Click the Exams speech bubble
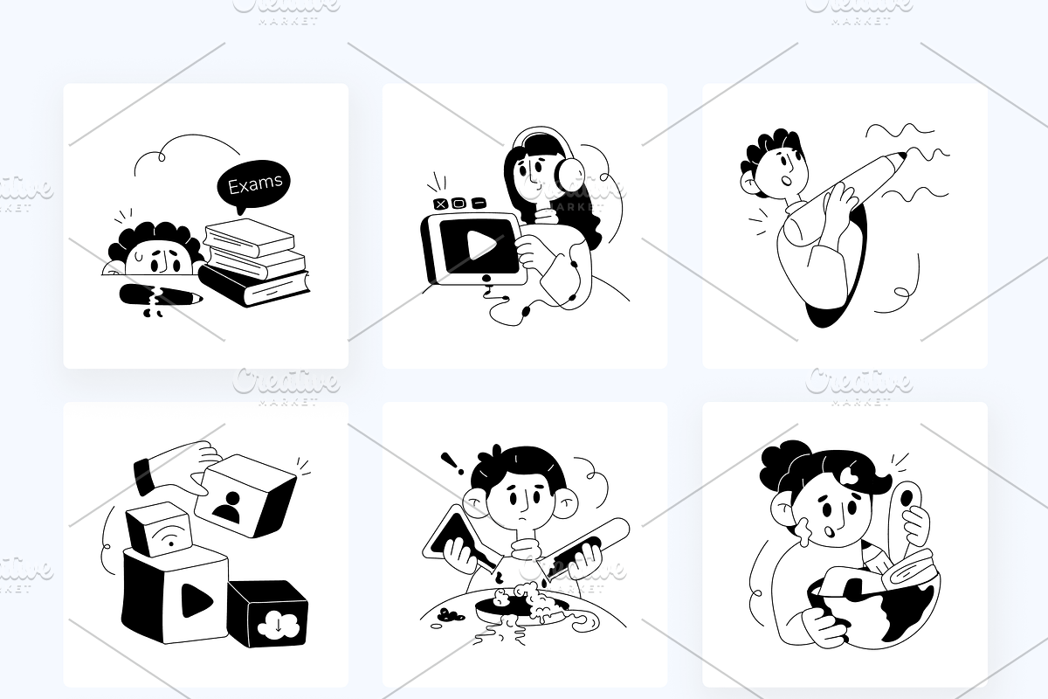(253, 184)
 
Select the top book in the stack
(250, 237)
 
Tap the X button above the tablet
(441, 204)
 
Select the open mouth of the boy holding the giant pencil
(788, 180)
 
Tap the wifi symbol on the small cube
(169, 537)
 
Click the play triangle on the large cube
(196, 600)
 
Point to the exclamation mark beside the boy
(452, 464)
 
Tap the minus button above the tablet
(478, 204)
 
